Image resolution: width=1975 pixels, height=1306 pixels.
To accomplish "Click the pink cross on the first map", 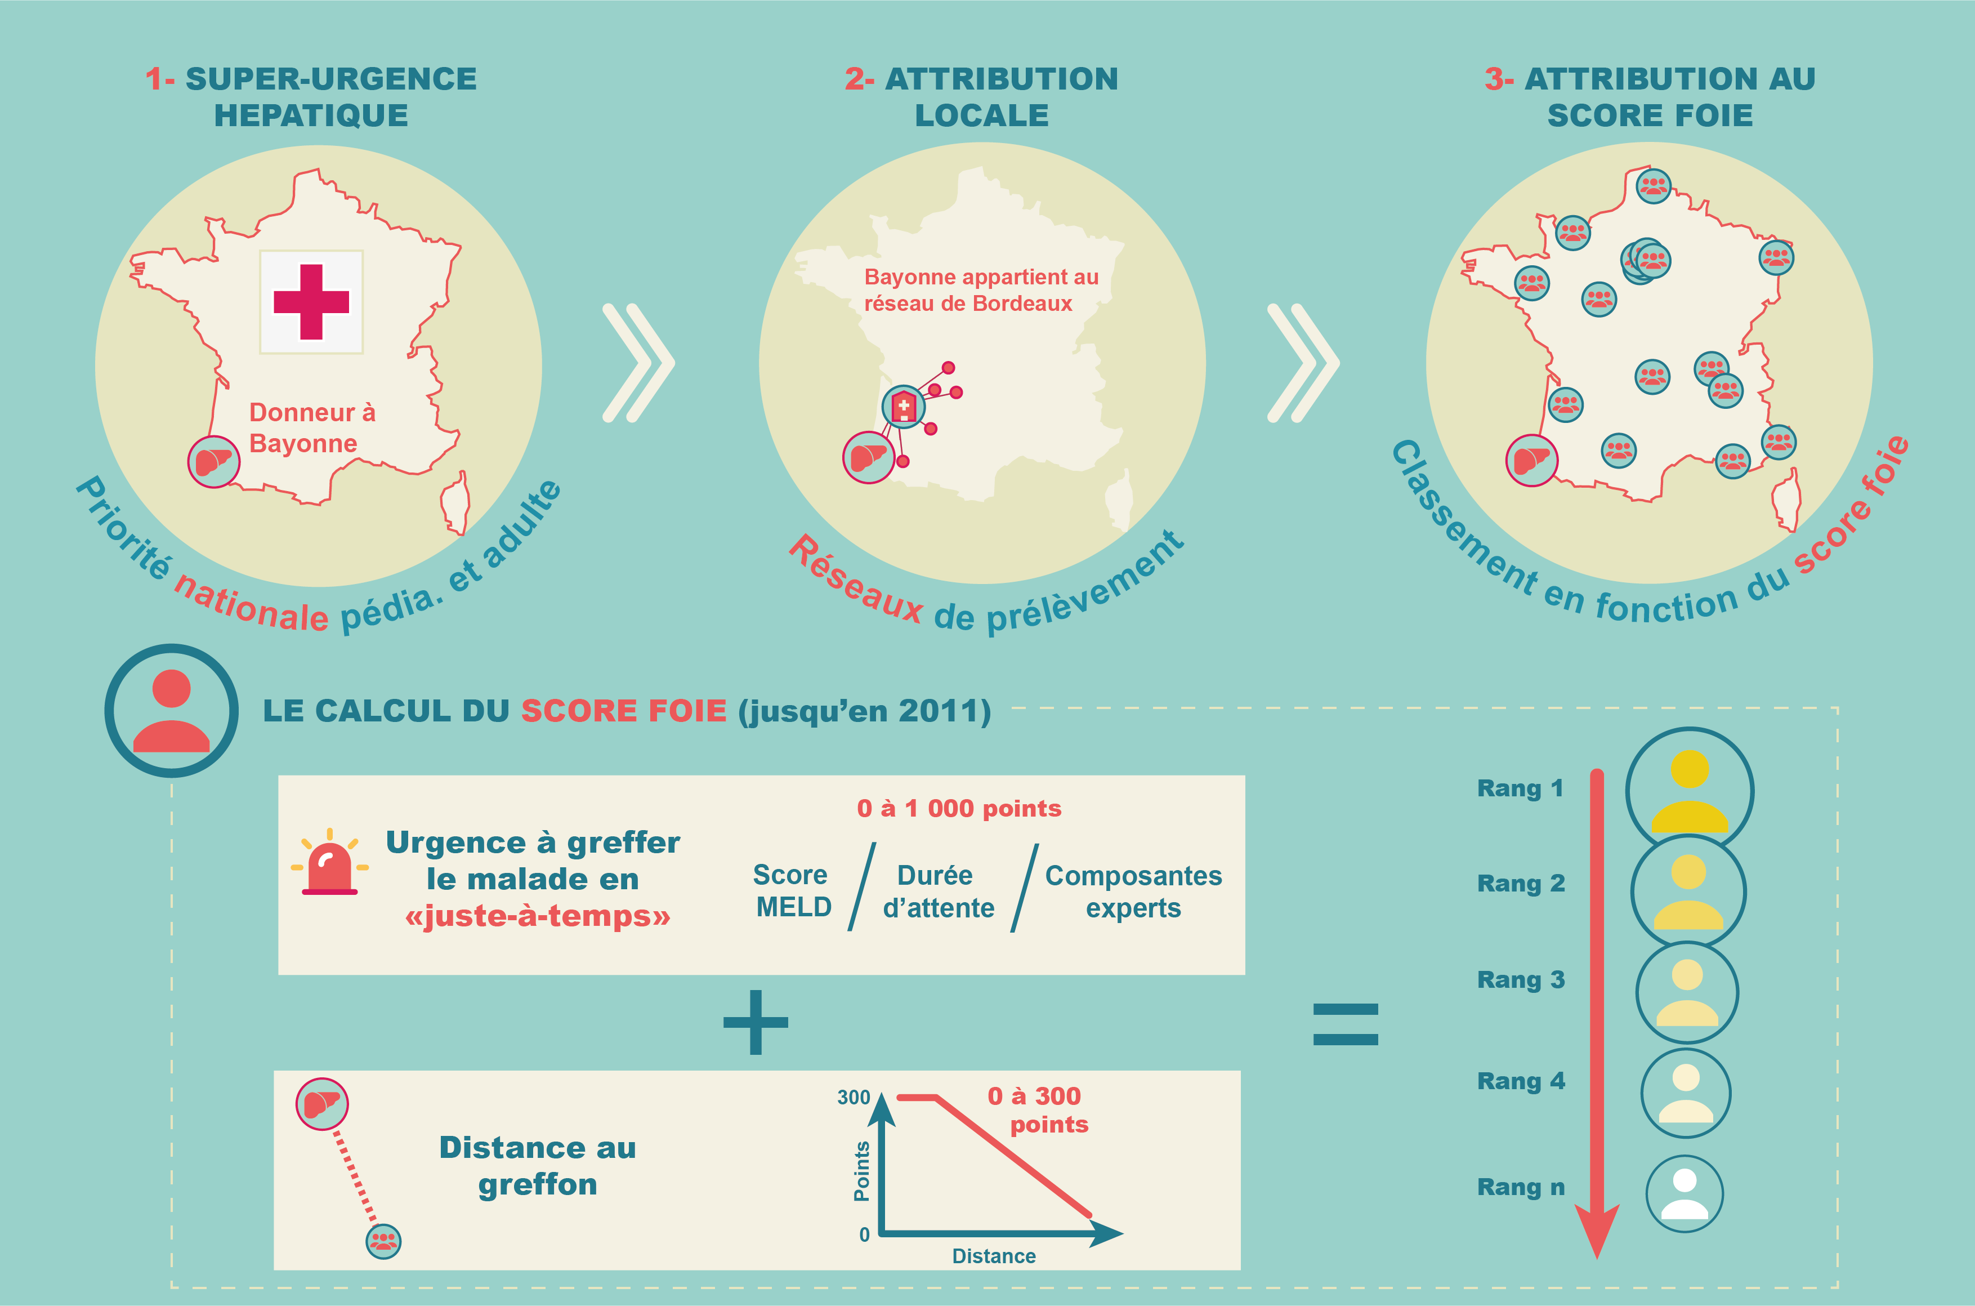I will point(311,301).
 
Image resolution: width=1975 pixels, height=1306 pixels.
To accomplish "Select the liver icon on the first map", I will point(214,461).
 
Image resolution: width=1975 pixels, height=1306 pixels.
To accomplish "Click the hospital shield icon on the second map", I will point(904,407).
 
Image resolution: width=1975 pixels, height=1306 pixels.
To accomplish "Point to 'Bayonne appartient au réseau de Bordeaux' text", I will point(980,290).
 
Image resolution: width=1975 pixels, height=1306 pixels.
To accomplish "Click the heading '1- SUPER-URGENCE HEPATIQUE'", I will point(311,97).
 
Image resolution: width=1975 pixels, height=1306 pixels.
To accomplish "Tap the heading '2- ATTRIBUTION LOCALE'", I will point(982,97).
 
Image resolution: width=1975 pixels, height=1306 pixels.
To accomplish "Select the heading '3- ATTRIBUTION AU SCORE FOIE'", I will point(1650,97).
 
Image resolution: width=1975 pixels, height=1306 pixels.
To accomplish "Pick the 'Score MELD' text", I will point(792,890).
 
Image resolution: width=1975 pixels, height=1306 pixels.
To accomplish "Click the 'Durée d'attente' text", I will point(937,891).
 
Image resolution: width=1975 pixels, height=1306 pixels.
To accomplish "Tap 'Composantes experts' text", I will point(1133,891).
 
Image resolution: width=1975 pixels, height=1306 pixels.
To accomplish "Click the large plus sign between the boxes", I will point(755,1022).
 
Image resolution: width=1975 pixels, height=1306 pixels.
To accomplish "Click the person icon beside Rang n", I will point(1684,1193).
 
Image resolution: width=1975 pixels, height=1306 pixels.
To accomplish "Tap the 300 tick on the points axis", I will point(854,1098).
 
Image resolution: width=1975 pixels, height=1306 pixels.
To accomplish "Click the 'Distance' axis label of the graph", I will point(993,1256).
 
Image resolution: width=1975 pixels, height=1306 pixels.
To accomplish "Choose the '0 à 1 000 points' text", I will point(958,808).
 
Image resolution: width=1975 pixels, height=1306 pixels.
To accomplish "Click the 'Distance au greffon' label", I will point(537,1165).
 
